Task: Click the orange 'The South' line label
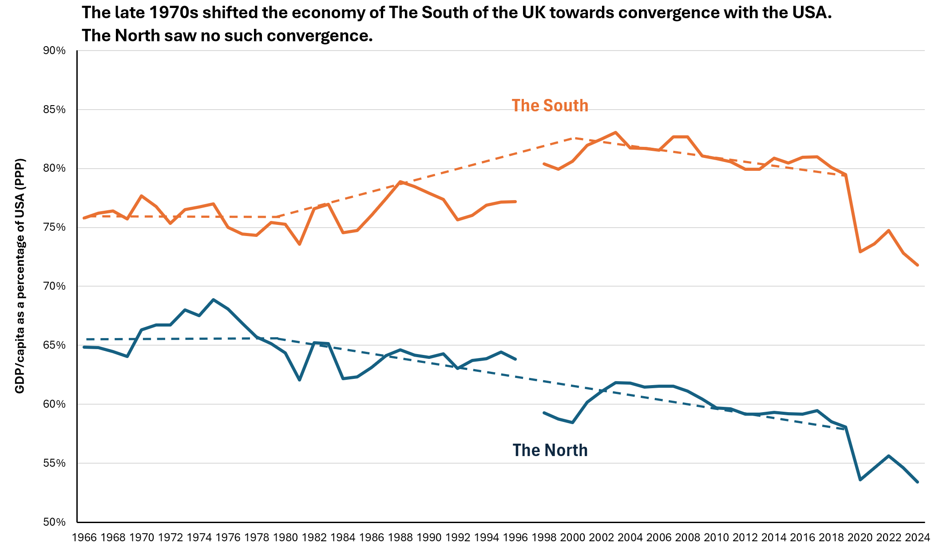(550, 106)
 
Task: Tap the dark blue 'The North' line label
(550, 450)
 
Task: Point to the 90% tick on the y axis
(54, 51)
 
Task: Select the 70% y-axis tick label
(54, 287)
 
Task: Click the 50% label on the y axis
(54, 522)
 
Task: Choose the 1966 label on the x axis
(84, 538)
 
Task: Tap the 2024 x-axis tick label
(917, 538)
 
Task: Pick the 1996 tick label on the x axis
(515, 538)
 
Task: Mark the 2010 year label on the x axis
(717, 538)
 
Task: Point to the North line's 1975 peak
(214, 299)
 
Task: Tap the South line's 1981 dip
(300, 244)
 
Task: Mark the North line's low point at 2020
(860, 480)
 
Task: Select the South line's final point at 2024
(917, 265)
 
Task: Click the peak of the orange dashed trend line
(574, 138)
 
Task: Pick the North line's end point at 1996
(515, 359)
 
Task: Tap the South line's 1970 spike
(141, 196)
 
